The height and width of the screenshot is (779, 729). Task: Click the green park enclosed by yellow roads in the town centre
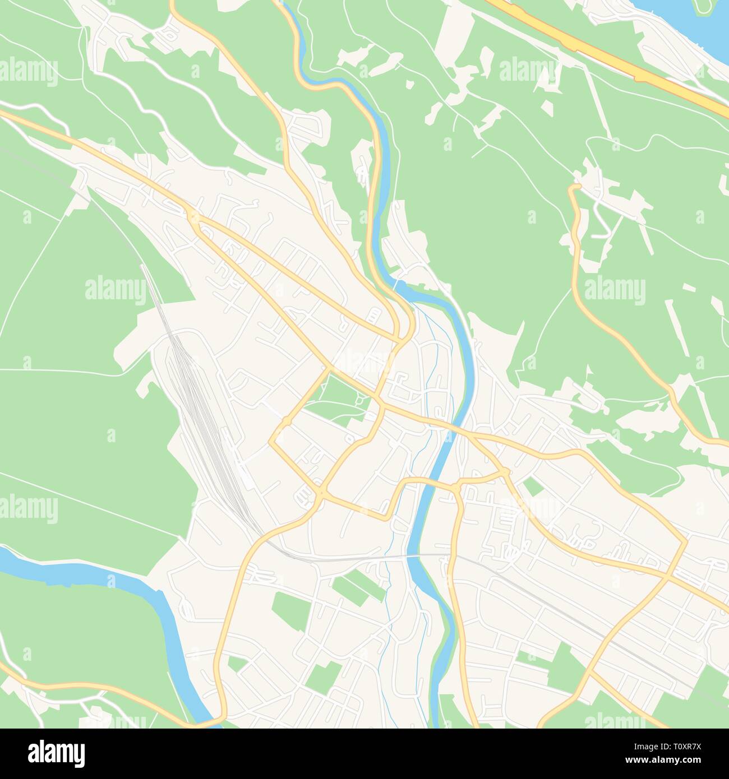[336, 399]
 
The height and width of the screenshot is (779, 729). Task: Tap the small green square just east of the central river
[533, 486]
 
